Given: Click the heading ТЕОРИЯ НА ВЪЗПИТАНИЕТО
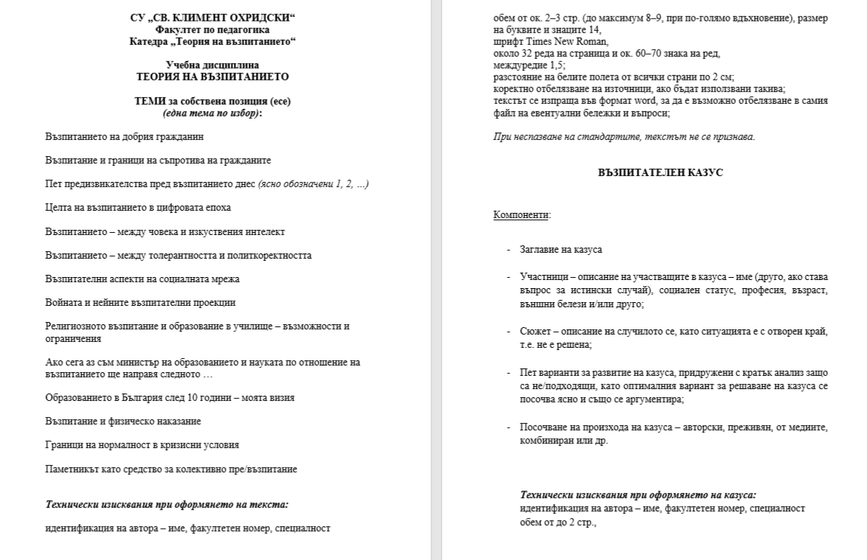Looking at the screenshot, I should click(213, 76).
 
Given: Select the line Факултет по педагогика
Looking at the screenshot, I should click(212, 29).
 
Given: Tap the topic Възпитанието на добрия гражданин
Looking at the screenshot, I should click(124, 136).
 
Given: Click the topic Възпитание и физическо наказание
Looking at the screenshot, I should click(122, 421).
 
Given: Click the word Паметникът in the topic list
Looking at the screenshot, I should click(69, 469).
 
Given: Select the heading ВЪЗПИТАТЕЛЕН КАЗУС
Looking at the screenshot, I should click(660, 172).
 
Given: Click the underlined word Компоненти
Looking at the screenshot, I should click(521, 214).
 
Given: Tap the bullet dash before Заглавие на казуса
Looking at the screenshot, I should click(508, 250).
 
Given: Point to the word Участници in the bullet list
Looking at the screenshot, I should click(542, 277).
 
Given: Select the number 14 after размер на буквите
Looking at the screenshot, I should click(596, 30).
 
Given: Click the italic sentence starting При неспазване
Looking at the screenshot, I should click(624, 136).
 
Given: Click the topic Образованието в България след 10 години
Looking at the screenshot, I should click(170, 398).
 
